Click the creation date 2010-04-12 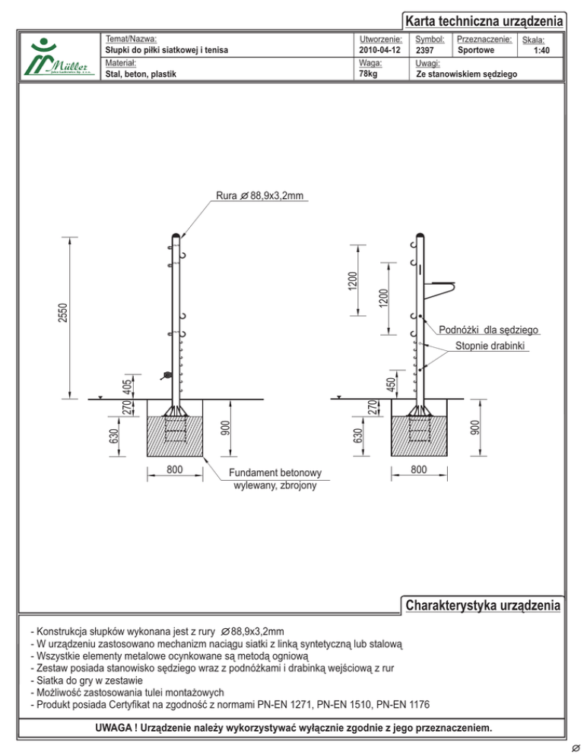coord(379,51)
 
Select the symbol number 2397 coord(425,51)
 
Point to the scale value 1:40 coord(541,51)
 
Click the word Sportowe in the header coord(476,50)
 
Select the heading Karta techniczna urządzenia coord(484,21)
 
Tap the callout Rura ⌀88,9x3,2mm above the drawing coord(260,196)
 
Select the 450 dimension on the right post coord(389,384)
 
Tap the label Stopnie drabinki coord(490,346)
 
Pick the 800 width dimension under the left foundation coord(175,470)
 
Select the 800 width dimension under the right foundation coord(419,470)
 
